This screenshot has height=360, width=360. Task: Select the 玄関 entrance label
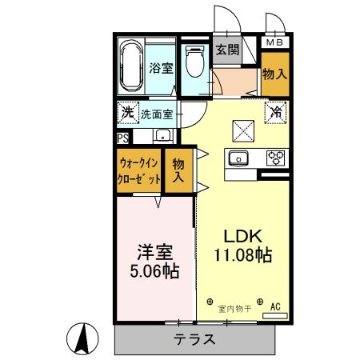click(x=228, y=50)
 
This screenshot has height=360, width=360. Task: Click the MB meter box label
click(x=274, y=42)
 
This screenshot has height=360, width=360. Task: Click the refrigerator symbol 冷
click(x=275, y=112)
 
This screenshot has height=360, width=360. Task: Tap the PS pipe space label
click(x=122, y=137)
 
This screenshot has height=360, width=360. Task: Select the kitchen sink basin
click(x=238, y=157)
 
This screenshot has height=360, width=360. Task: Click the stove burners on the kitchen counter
click(x=276, y=157)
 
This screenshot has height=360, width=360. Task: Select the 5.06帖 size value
click(x=156, y=270)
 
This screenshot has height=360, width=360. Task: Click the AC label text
click(x=275, y=306)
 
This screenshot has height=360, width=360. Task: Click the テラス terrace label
click(x=194, y=339)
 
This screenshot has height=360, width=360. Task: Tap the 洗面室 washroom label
click(x=156, y=114)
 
